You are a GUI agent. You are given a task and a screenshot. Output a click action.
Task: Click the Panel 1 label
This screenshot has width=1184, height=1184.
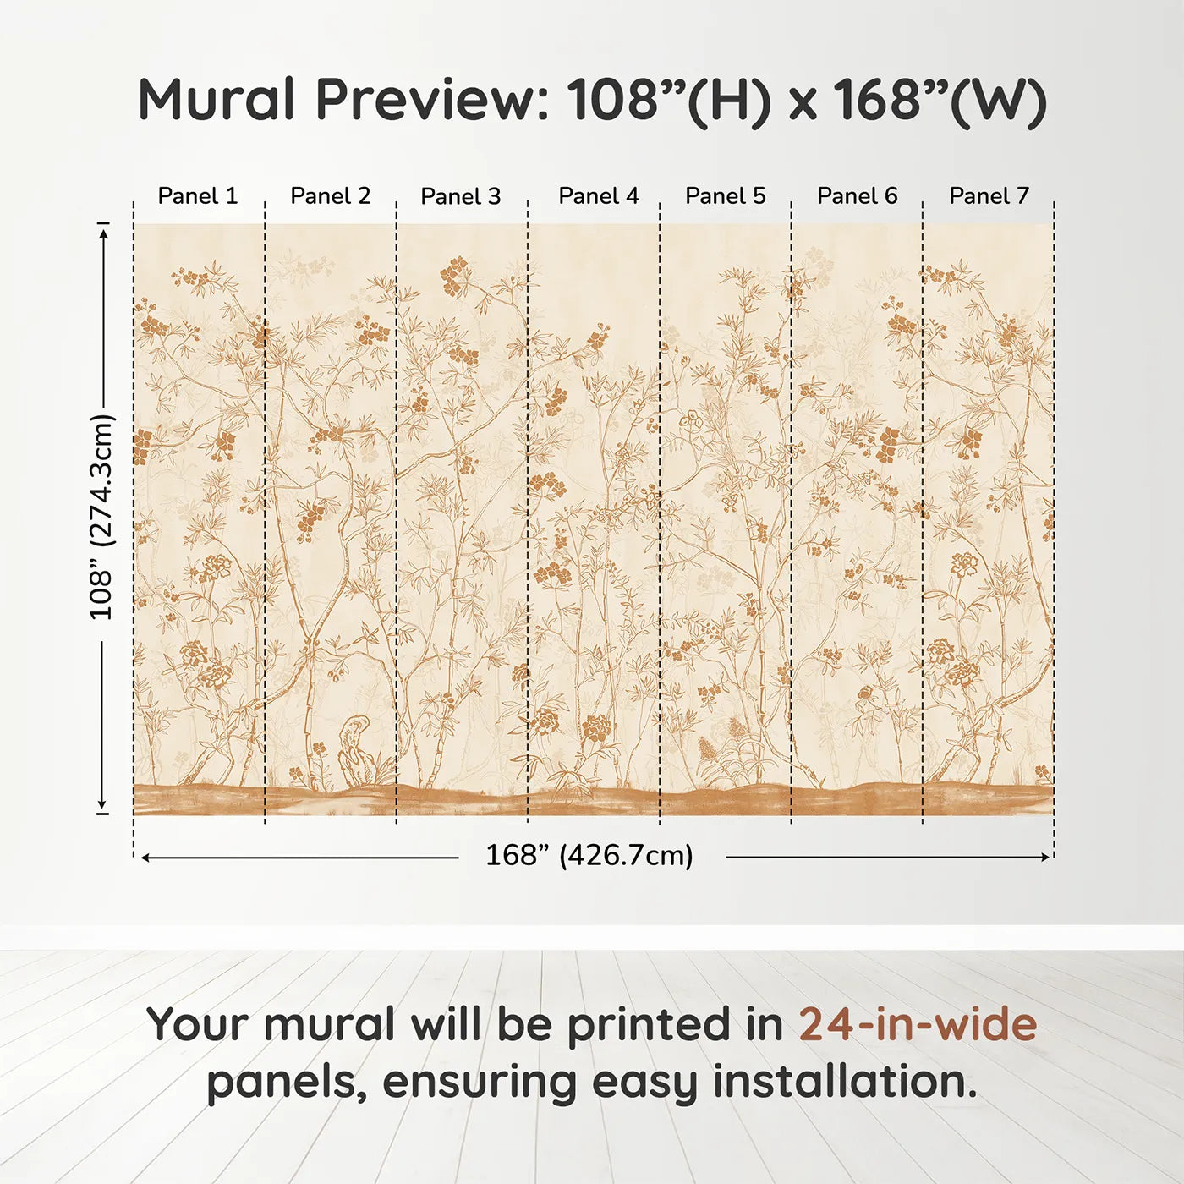click(x=198, y=196)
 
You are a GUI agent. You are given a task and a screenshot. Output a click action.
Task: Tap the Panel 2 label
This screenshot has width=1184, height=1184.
click(x=330, y=196)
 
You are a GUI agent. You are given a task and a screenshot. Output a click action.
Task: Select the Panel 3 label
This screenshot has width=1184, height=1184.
click(x=461, y=196)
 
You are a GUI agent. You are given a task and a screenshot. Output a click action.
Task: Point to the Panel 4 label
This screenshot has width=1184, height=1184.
click(x=599, y=196)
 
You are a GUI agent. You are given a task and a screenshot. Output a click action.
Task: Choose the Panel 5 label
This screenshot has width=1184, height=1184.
click(x=726, y=196)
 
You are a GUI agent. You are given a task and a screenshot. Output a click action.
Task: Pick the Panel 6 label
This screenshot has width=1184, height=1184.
click(x=857, y=196)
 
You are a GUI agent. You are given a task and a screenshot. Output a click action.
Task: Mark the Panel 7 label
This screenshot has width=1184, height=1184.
click(x=989, y=196)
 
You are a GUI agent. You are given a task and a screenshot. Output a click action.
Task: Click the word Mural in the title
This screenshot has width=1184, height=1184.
click(x=217, y=100)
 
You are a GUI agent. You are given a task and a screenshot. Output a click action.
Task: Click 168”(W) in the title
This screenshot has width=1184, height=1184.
click(x=940, y=100)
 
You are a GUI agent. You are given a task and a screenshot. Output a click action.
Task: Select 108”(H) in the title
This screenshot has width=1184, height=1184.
click(x=669, y=100)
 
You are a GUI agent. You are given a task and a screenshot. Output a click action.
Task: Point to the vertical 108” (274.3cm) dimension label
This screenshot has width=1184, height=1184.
click(x=101, y=517)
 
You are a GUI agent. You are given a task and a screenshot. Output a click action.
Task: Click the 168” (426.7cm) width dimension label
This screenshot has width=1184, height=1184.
click(x=589, y=856)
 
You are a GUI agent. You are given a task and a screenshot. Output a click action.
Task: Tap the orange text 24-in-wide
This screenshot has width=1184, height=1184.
click(x=918, y=1024)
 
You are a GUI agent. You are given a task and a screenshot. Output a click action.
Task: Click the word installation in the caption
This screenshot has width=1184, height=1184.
click(x=844, y=1082)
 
